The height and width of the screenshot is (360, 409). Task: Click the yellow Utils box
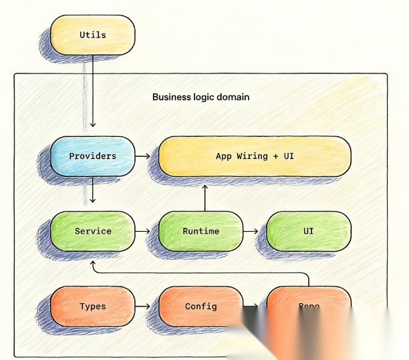92,35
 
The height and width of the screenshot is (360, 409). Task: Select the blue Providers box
92,156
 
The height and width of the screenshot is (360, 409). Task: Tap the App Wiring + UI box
255,156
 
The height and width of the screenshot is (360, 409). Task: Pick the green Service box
92,231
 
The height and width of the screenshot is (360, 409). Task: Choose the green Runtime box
200,231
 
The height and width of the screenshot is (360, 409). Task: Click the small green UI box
308,231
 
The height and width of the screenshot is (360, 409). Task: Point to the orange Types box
92,307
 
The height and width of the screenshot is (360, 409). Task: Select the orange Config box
200,307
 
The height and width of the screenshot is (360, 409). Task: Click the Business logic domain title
200,97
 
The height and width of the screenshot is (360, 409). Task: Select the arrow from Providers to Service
92,194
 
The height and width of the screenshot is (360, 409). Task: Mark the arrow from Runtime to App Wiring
204,194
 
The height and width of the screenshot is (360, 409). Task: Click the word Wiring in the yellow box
250,156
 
